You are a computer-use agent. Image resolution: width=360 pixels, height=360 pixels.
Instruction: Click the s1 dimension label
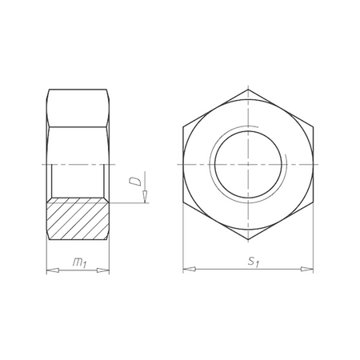click(251, 262)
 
